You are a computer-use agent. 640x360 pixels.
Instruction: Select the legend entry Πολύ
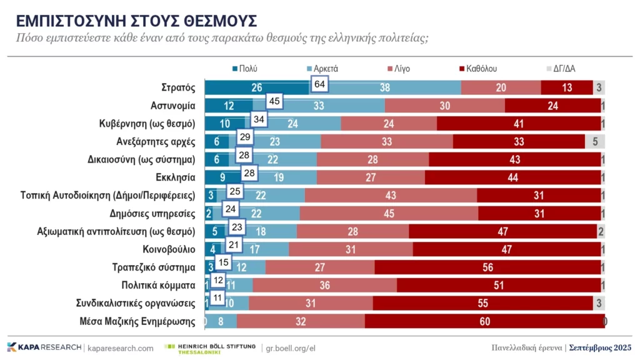click(244, 69)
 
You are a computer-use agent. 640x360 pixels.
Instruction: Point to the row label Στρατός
click(178, 87)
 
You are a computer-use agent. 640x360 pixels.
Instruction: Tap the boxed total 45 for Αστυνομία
click(273, 101)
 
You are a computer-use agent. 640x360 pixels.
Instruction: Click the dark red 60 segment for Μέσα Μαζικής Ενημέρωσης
click(484, 322)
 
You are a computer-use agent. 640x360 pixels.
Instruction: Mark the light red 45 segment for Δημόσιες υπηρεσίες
click(389, 214)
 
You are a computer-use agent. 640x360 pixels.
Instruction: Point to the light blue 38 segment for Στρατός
click(385, 87)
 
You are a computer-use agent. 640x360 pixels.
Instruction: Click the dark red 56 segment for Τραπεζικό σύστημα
click(487, 268)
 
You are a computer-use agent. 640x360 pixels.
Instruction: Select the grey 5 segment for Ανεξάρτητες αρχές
click(595, 141)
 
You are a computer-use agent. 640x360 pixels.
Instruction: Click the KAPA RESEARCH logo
click(44, 347)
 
